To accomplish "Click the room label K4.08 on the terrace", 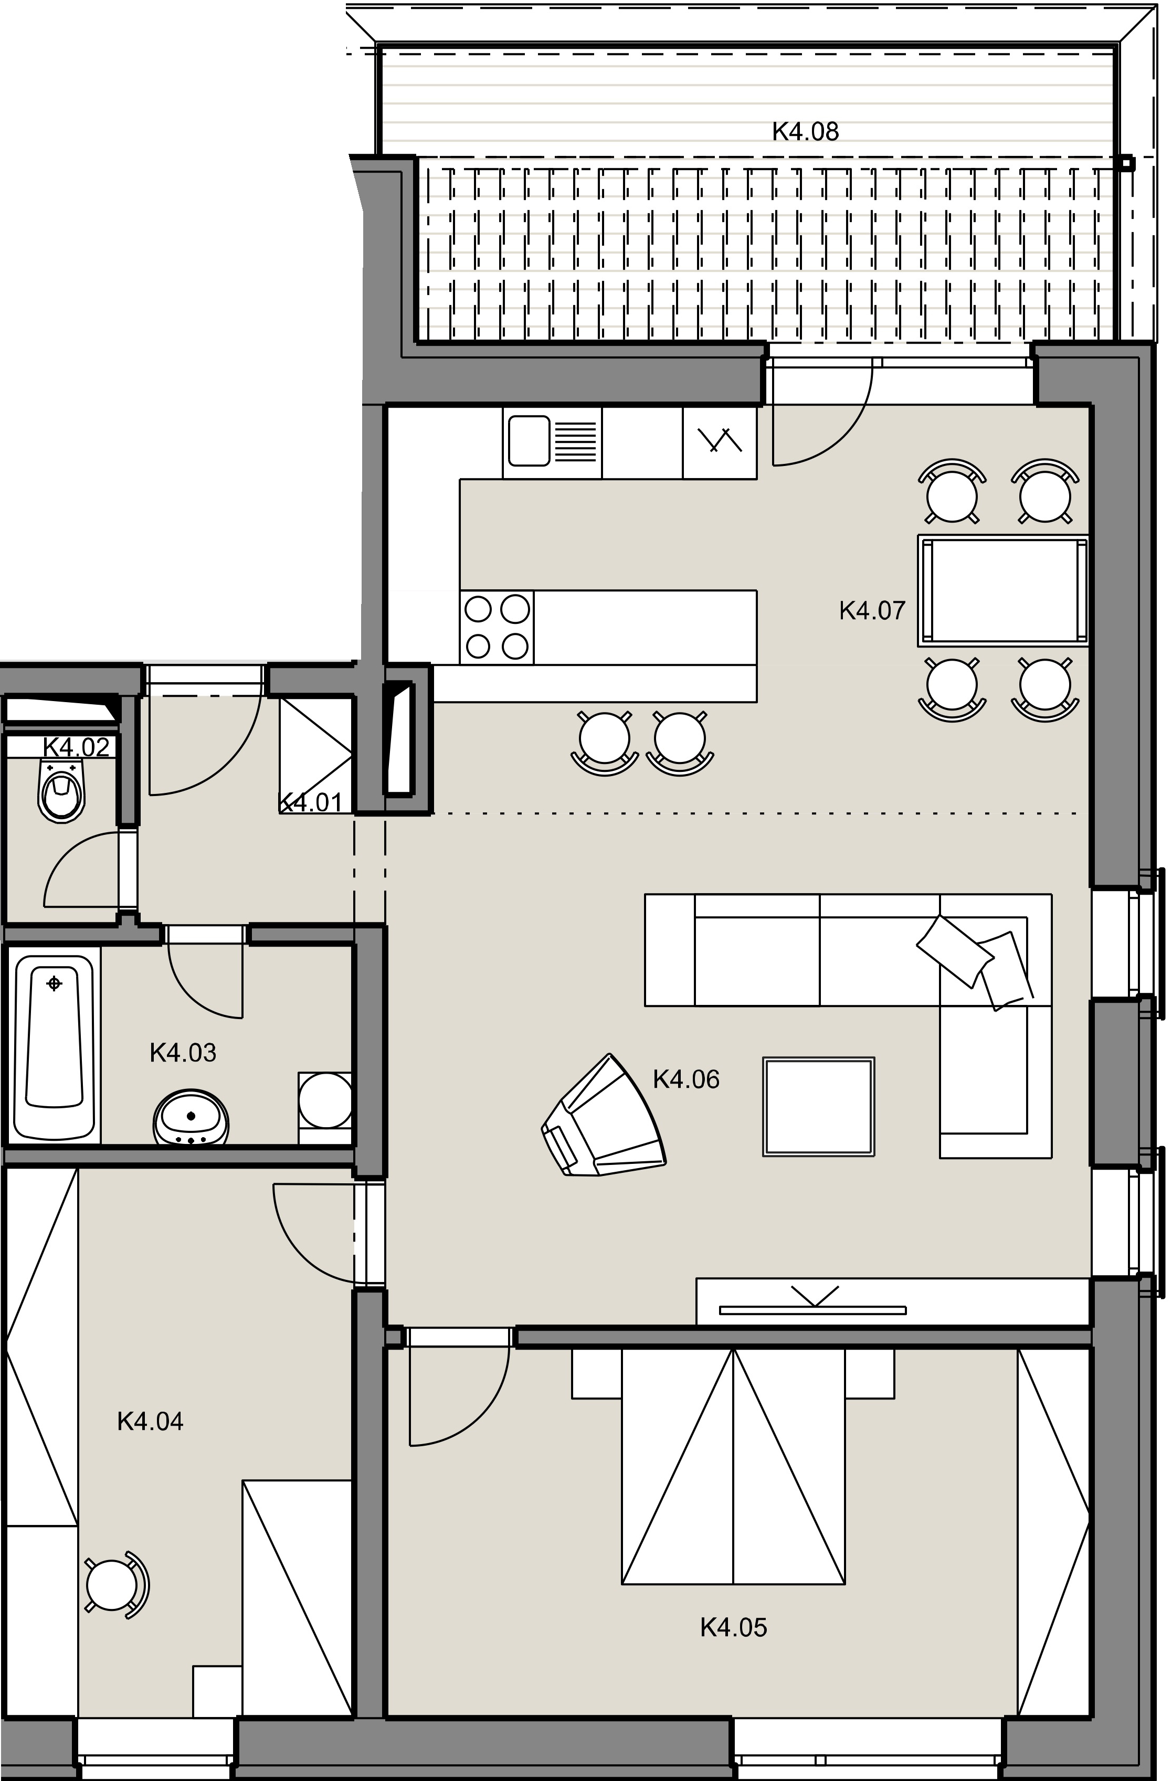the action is (805, 132).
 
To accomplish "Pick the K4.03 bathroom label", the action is (183, 1053).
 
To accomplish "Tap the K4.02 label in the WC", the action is (76, 746).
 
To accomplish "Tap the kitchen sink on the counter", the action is (552, 441).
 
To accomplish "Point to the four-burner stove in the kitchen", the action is (497, 627).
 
